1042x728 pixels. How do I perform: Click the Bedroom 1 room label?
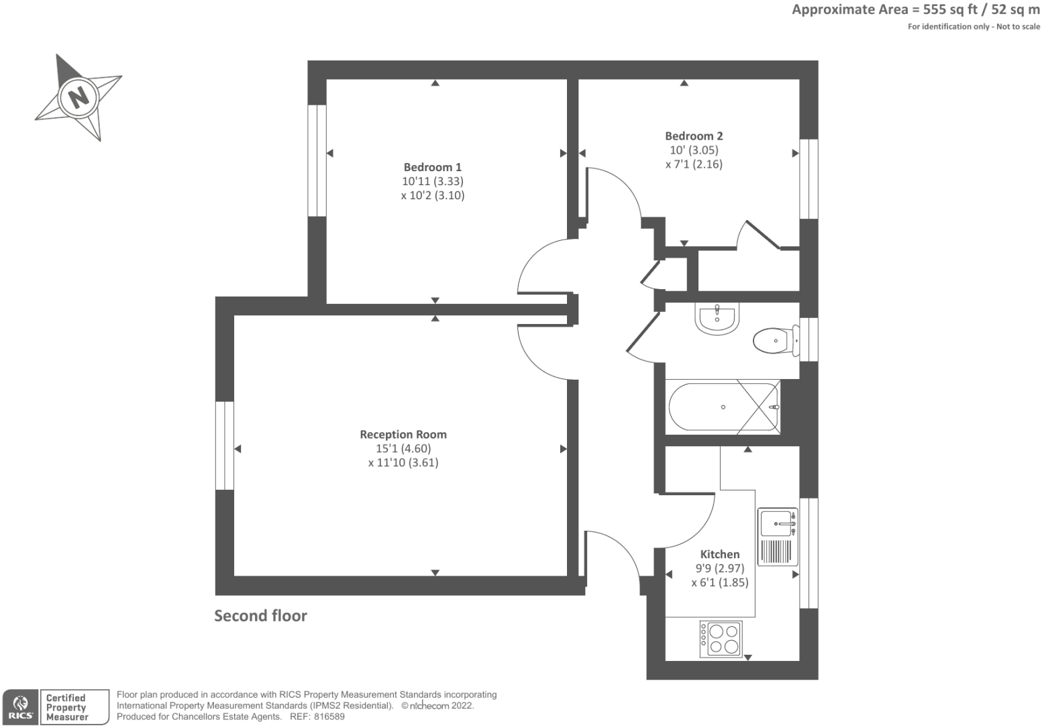(432, 167)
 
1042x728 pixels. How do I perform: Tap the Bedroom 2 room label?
(694, 136)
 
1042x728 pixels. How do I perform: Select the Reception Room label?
(403, 434)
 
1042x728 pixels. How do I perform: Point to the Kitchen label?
(719, 554)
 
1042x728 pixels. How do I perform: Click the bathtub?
(723, 407)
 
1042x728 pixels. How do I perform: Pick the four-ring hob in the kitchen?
(721, 639)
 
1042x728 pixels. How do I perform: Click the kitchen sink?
(778, 523)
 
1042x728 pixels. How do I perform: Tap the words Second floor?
(260, 616)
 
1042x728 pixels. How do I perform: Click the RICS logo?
(21, 707)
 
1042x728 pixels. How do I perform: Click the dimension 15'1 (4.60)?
(403, 448)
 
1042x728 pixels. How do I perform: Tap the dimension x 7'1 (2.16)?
(694, 164)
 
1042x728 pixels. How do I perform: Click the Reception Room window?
(225, 446)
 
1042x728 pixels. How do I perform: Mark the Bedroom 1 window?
(317, 160)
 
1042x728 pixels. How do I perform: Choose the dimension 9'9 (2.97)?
(719, 568)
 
